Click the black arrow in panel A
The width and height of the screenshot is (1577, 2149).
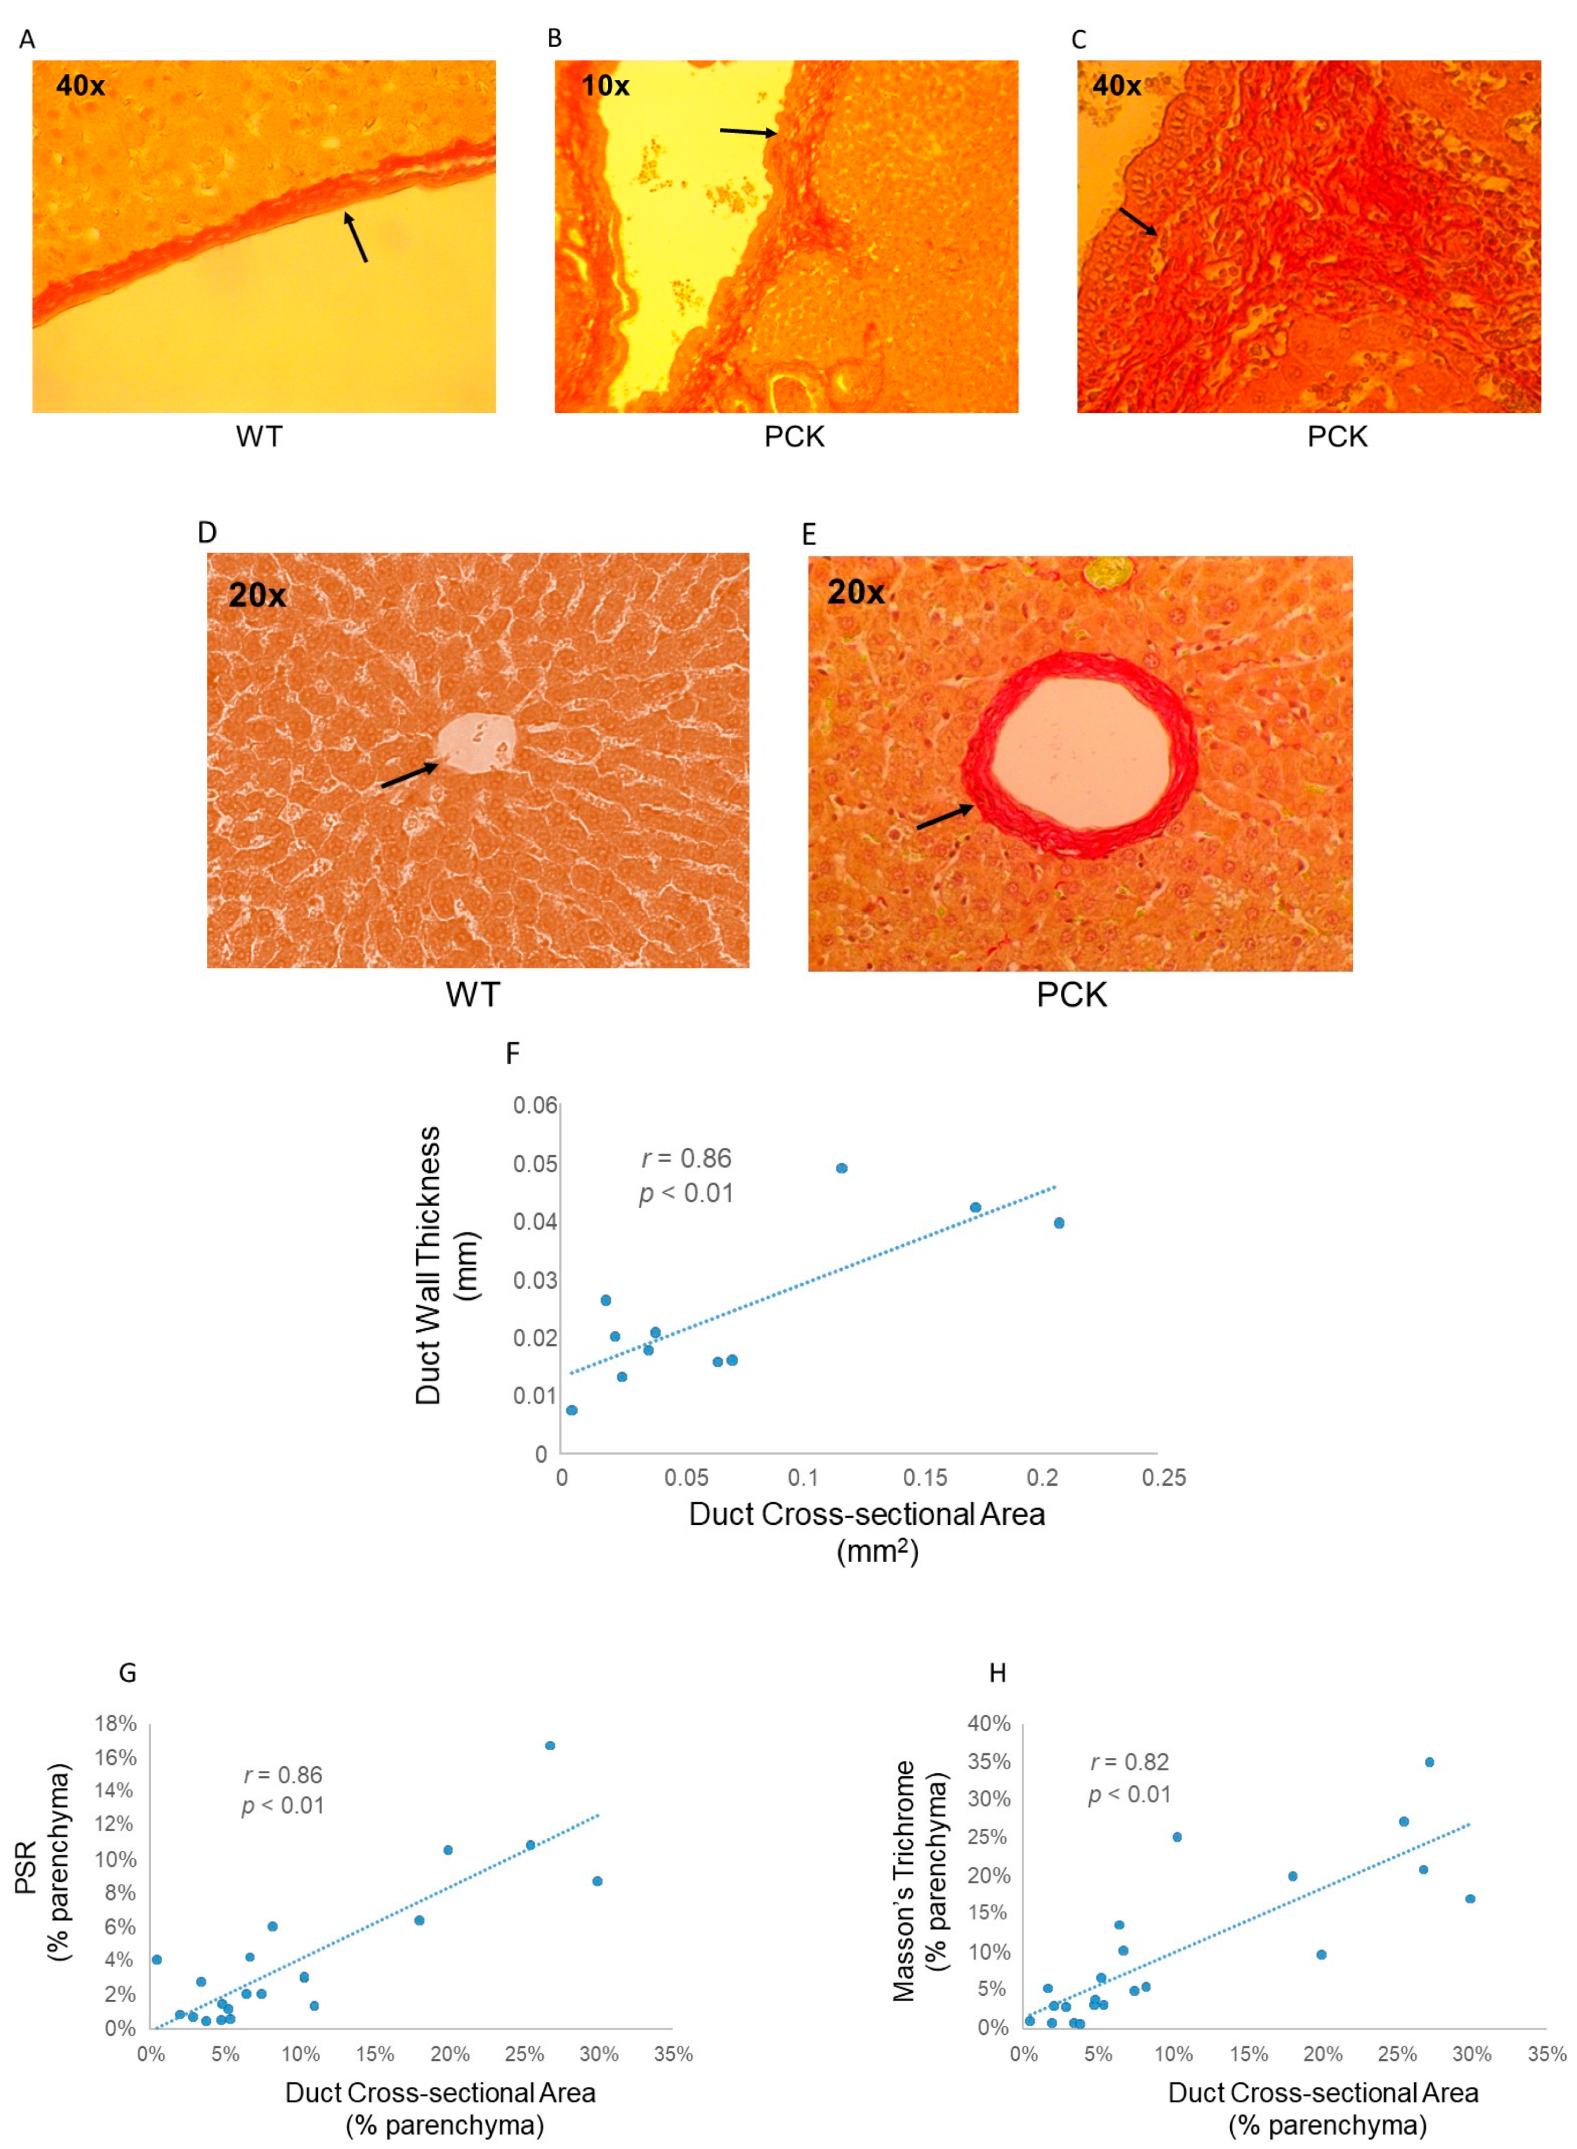[x=355, y=237]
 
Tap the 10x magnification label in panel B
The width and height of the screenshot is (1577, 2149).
[x=605, y=86]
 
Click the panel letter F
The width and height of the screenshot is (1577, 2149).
[x=513, y=1054]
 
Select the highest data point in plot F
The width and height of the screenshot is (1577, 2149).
[x=841, y=1168]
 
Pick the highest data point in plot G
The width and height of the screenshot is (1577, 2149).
[x=550, y=1745]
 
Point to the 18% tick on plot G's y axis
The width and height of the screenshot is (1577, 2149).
[x=115, y=1724]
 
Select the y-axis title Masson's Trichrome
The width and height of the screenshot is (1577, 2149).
[x=903, y=1880]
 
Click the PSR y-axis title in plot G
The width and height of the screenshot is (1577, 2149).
[x=26, y=1867]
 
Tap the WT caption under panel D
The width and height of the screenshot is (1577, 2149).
[x=472, y=995]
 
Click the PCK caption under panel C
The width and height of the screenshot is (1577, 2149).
[x=1337, y=437]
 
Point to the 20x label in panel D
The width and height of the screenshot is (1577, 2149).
[x=257, y=595]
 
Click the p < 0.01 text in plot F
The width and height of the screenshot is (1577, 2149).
[x=685, y=1194]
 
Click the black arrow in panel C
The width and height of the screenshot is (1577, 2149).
[x=1138, y=221]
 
